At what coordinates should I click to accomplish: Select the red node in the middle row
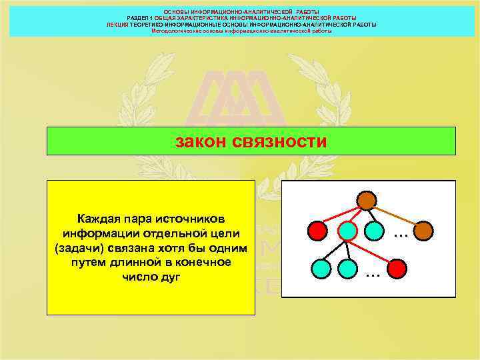(x=318, y=231)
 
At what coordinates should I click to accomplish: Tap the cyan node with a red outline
(x=347, y=231)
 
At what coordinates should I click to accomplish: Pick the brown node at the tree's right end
(x=423, y=231)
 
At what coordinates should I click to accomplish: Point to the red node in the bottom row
(x=397, y=269)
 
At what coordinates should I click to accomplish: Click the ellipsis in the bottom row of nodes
(x=373, y=273)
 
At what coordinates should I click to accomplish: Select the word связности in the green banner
(x=280, y=141)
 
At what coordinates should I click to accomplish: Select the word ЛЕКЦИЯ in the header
(x=117, y=25)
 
